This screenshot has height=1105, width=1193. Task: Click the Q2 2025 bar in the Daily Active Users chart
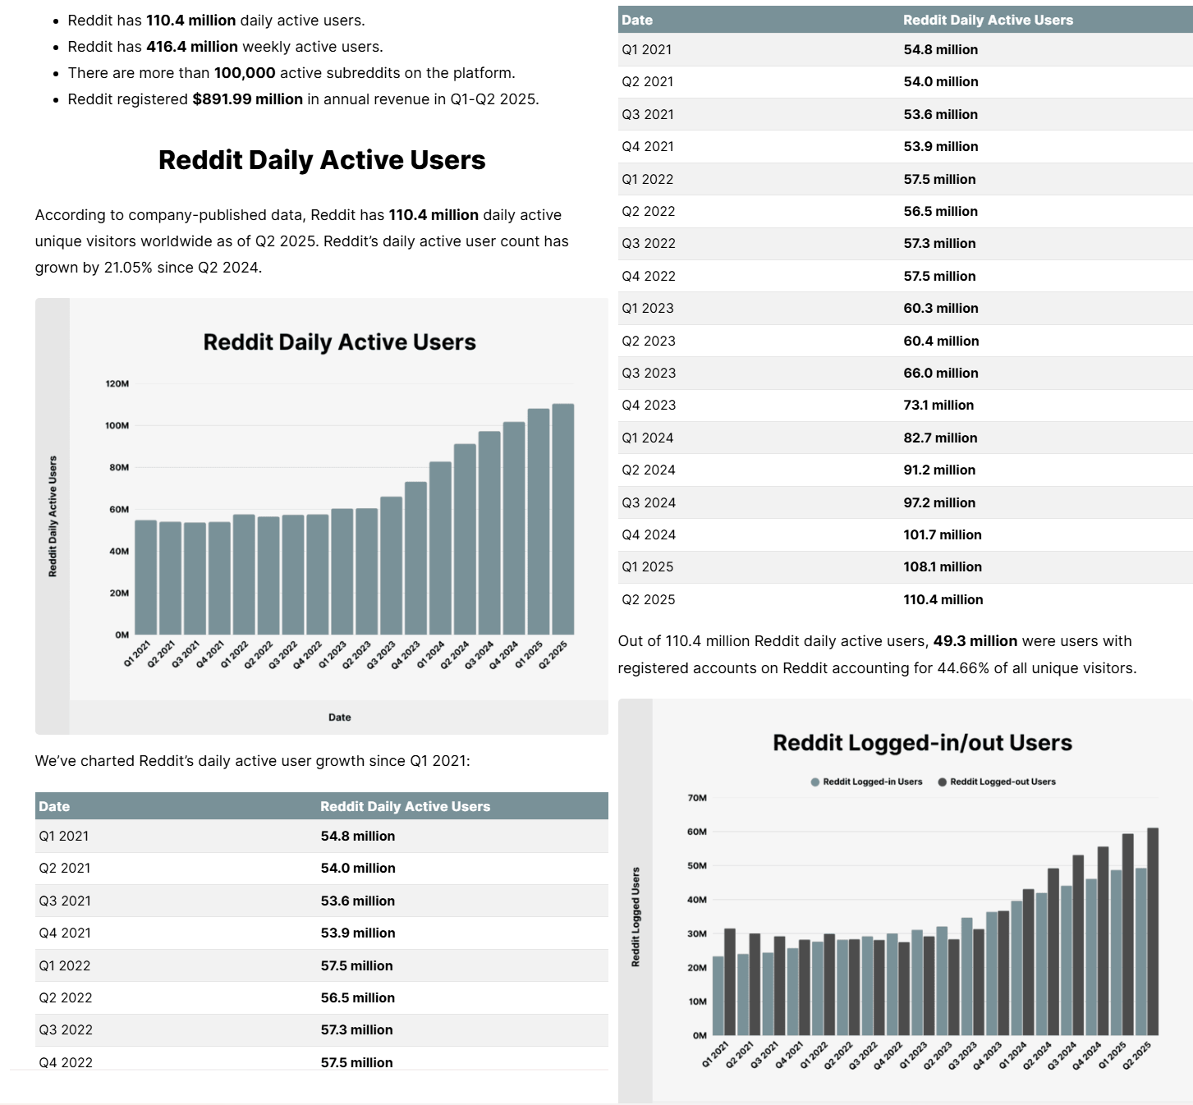coord(563,519)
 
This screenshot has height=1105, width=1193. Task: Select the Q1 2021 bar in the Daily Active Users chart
coord(145,577)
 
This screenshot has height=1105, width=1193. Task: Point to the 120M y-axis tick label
coord(117,383)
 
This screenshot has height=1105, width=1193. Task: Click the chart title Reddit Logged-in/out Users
coord(922,743)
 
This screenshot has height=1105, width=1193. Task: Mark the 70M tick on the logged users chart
coord(697,797)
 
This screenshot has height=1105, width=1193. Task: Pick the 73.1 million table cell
coord(938,405)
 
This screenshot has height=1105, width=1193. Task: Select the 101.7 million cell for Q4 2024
coord(943,534)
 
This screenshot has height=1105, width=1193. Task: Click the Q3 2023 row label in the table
coord(649,373)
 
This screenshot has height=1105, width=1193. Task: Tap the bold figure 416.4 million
coord(192,47)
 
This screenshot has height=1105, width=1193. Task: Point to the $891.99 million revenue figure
coord(247,99)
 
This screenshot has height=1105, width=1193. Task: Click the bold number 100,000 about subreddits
coord(245,73)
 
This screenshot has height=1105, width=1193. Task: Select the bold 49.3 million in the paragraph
coord(975,641)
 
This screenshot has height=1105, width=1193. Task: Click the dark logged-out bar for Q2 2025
coord(1153,932)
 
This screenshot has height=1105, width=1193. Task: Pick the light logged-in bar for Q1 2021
coord(718,995)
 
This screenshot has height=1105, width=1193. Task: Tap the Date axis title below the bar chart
coord(339,718)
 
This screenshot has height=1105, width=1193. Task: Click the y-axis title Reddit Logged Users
coord(636,916)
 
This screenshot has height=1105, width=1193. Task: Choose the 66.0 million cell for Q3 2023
coord(941,373)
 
